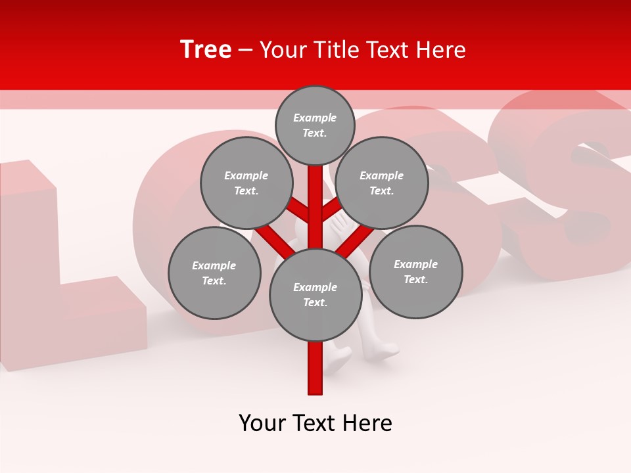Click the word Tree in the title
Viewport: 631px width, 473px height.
(206, 50)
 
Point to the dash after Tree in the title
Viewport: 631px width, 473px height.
(246, 51)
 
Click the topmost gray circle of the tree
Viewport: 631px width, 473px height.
(315, 125)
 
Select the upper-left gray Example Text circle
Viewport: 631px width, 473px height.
(246, 183)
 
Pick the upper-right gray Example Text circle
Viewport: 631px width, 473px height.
(381, 183)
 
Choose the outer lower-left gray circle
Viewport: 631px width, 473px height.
(214, 273)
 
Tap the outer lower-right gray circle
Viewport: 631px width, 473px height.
(415, 271)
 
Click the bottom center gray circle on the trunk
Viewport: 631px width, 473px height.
(315, 294)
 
